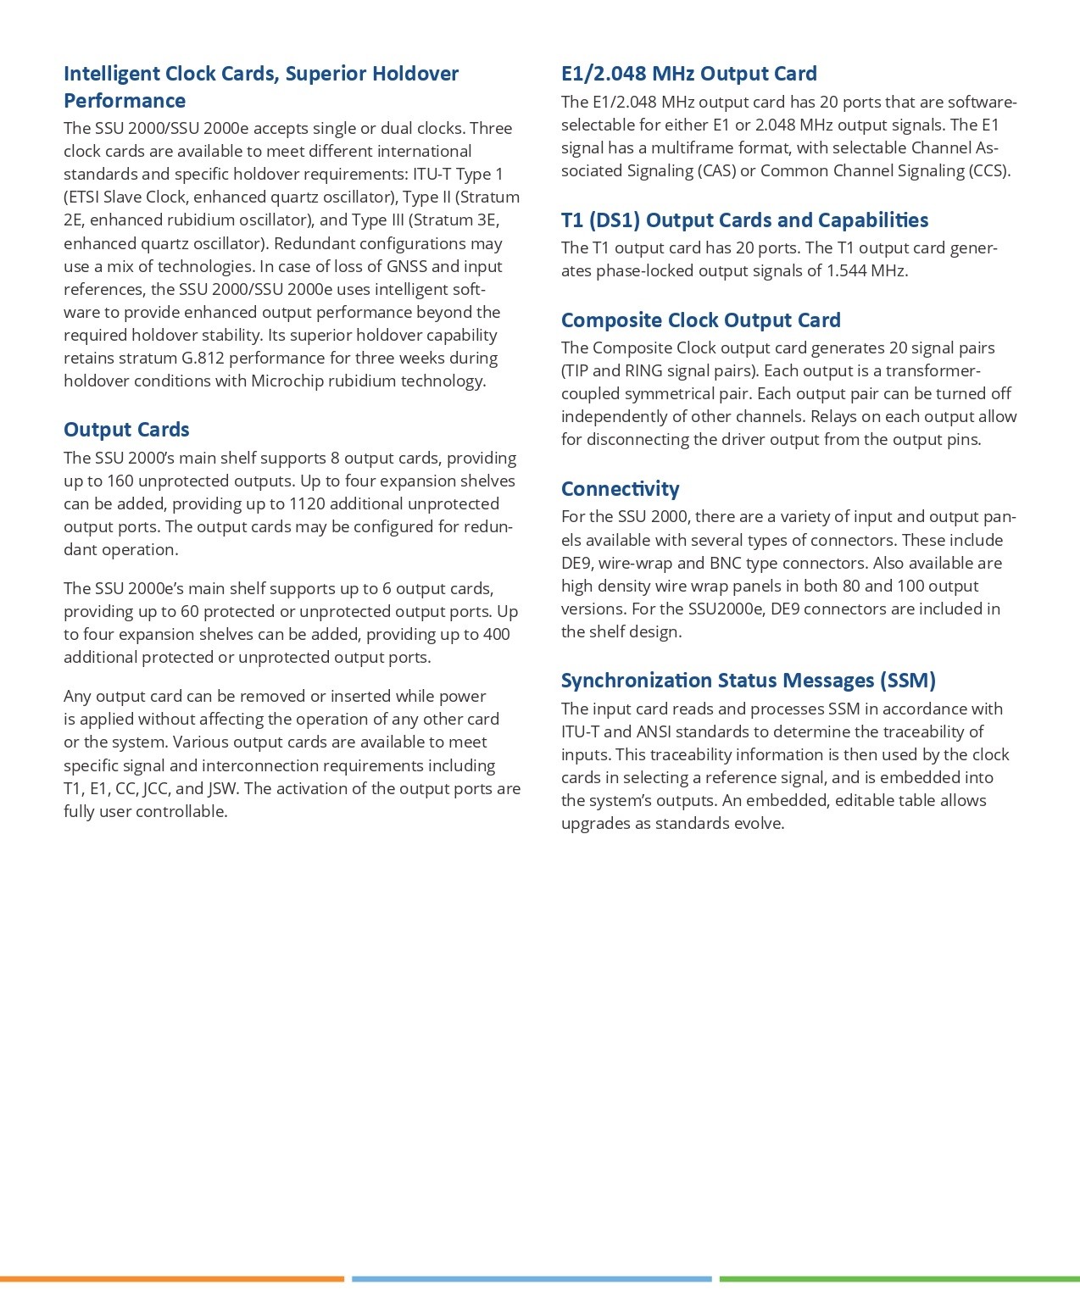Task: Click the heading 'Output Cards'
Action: point(126,430)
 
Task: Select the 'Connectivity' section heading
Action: point(620,489)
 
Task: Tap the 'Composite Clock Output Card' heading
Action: point(700,320)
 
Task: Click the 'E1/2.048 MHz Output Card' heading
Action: point(688,74)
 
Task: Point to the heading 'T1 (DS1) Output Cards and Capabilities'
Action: point(744,220)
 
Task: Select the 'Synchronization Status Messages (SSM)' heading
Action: point(748,681)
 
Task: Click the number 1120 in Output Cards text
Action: point(307,503)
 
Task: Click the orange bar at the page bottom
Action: point(172,1278)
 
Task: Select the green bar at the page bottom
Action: point(899,1278)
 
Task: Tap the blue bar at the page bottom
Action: point(532,1278)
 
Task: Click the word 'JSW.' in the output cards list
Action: point(223,788)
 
